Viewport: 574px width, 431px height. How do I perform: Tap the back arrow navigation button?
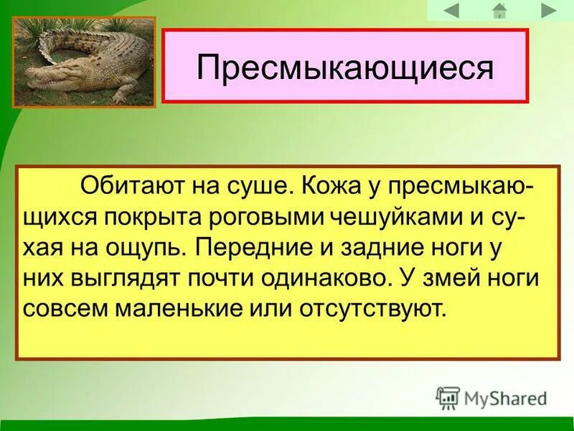(451, 10)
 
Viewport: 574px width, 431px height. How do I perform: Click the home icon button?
(499, 10)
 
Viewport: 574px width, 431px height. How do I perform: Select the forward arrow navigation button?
(549, 10)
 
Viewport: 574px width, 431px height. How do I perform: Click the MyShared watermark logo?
(492, 397)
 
